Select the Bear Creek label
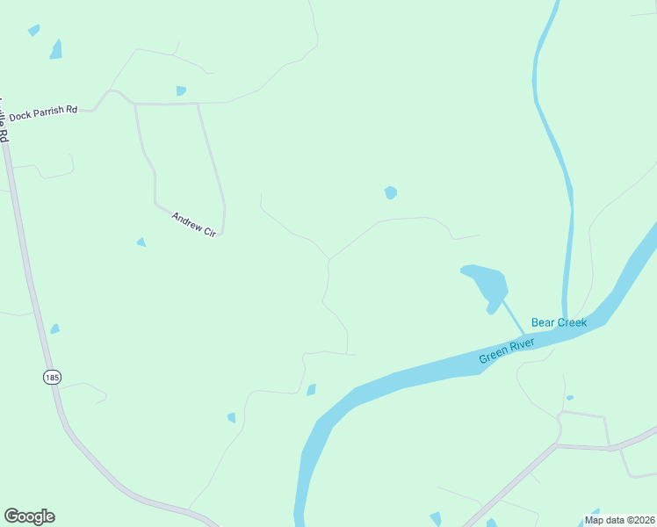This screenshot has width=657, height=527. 559,323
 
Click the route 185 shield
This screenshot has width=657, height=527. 51,377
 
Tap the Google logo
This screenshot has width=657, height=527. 29,516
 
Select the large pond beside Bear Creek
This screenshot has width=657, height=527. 487,283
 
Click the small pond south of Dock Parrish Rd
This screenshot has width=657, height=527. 181,90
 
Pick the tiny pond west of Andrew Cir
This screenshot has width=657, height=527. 141,242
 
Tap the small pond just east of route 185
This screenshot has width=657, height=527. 55,329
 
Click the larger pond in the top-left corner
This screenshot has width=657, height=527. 56,49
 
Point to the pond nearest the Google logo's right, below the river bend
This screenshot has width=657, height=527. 231,417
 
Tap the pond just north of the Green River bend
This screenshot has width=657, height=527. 311,390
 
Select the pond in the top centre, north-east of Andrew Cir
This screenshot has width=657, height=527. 391,192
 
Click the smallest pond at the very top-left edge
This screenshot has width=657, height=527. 33,30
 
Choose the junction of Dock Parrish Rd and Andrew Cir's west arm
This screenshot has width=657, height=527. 134,104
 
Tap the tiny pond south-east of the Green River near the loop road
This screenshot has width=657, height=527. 570,398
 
